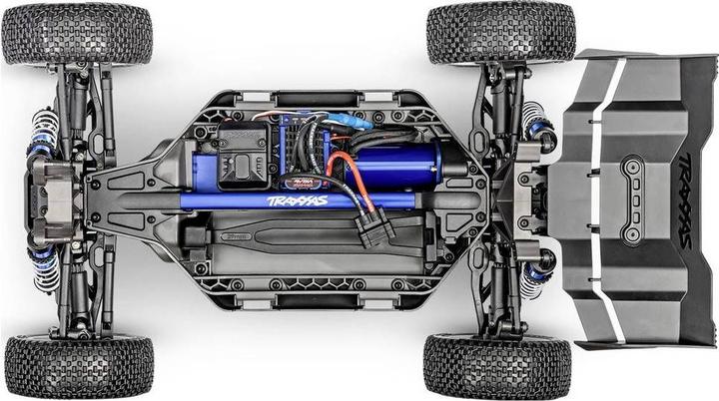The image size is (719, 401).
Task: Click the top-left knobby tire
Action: (x=77, y=34)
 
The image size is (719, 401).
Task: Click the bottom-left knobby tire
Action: (x=78, y=366)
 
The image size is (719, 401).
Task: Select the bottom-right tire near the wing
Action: (x=496, y=366)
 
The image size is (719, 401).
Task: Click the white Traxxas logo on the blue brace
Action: (x=297, y=200)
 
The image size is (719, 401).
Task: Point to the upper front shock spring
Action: (x=43, y=130)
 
